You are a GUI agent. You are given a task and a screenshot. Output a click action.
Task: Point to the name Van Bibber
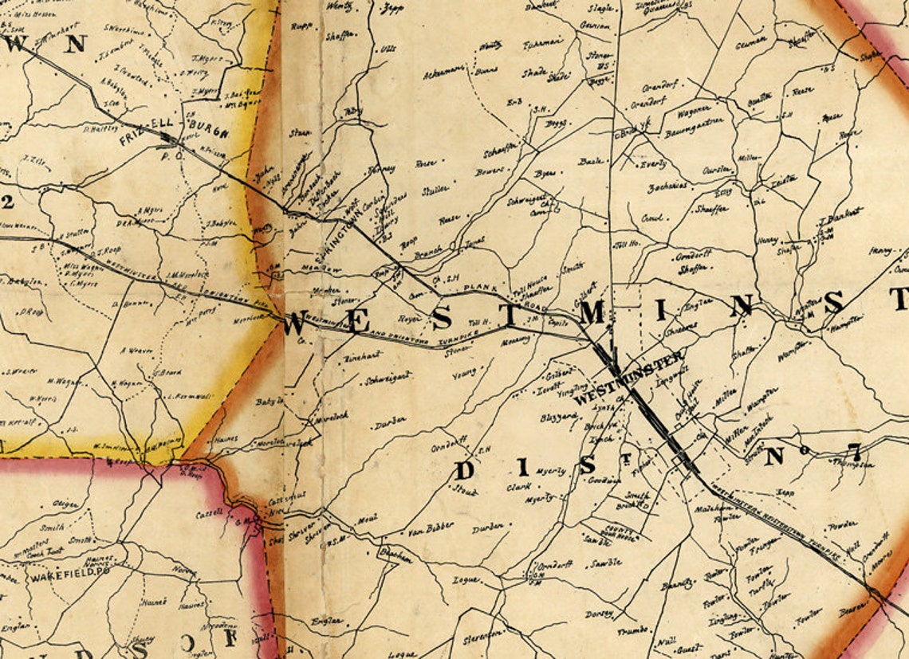pos(430,526)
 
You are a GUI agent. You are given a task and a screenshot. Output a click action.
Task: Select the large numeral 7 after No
pos(854,456)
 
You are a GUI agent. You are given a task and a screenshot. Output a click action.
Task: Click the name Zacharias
pos(668,186)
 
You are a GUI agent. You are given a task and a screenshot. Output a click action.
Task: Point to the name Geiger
pos(65,504)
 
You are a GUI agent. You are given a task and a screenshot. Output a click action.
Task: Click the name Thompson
pos(856,465)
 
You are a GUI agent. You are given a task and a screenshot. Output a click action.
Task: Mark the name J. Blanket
pos(840,213)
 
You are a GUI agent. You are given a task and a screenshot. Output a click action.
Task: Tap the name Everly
pos(653,164)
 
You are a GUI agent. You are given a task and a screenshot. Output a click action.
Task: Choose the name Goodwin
pos(604,481)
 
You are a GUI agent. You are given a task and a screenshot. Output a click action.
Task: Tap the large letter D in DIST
pos(465,470)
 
